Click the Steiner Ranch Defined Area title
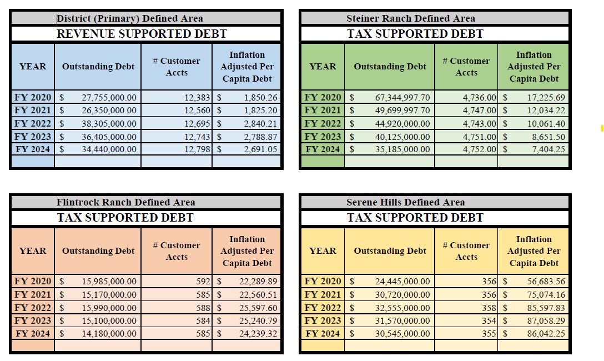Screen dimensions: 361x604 (x=410, y=18)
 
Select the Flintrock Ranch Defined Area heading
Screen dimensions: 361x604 (x=125, y=202)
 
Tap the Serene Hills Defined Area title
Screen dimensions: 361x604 (x=405, y=202)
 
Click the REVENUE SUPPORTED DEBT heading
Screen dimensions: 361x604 (x=142, y=34)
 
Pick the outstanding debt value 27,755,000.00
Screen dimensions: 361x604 (x=109, y=98)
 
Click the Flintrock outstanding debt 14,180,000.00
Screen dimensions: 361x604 (x=109, y=333)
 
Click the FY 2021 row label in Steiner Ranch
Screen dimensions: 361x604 (x=323, y=111)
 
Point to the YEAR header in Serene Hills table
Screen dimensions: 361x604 (x=323, y=251)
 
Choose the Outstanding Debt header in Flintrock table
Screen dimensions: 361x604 (x=98, y=251)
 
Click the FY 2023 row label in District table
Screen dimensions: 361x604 (x=33, y=136)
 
